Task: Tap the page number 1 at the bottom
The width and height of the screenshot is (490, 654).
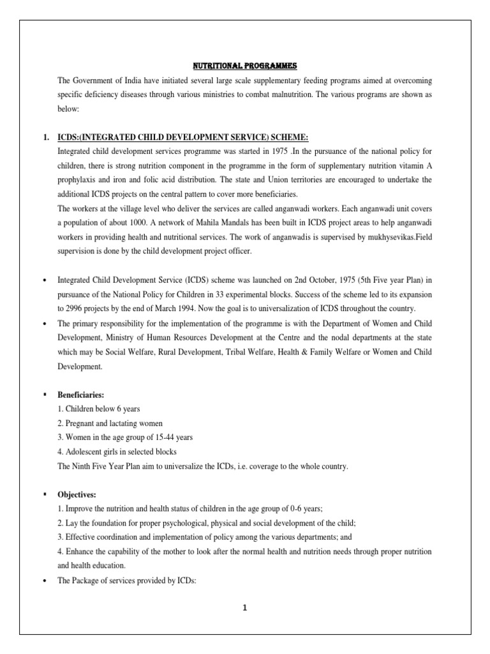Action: click(x=244, y=608)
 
